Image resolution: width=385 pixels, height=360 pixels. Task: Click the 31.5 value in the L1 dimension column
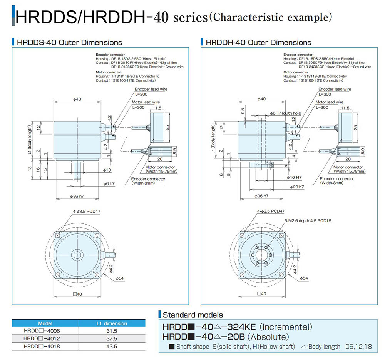coord(112,331)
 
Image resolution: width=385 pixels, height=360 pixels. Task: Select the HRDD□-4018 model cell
coord(42,346)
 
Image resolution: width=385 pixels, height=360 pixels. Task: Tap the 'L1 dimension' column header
coord(112,323)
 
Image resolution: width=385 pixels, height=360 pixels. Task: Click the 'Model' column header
coord(45,323)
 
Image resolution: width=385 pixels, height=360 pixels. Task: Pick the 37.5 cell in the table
coord(112,339)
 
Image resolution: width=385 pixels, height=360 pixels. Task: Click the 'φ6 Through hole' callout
coord(285,113)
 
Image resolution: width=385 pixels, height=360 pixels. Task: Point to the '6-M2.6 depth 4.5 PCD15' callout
coord(308,221)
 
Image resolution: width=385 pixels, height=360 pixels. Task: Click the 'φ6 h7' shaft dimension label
coord(109,183)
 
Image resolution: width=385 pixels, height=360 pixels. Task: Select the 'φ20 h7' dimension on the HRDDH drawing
coord(297,187)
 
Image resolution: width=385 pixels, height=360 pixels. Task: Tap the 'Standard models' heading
coord(193,315)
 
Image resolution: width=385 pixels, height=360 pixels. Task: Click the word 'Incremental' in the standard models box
coord(286,327)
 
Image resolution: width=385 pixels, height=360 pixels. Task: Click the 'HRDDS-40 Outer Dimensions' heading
coord(69,42)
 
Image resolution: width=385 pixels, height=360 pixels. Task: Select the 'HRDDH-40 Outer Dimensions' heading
coord(258,42)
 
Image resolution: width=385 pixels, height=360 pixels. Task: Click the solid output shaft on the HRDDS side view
coord(77,171)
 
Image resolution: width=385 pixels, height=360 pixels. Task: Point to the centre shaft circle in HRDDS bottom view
coord(77,255)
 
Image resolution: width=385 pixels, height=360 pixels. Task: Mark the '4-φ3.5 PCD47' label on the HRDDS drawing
coord(86,212)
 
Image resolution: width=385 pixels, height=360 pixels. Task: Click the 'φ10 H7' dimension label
coord(294,177)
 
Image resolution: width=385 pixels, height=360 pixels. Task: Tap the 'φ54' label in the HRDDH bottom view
coord(304,278)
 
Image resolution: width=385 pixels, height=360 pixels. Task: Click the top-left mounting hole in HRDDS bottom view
coord(58,235)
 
